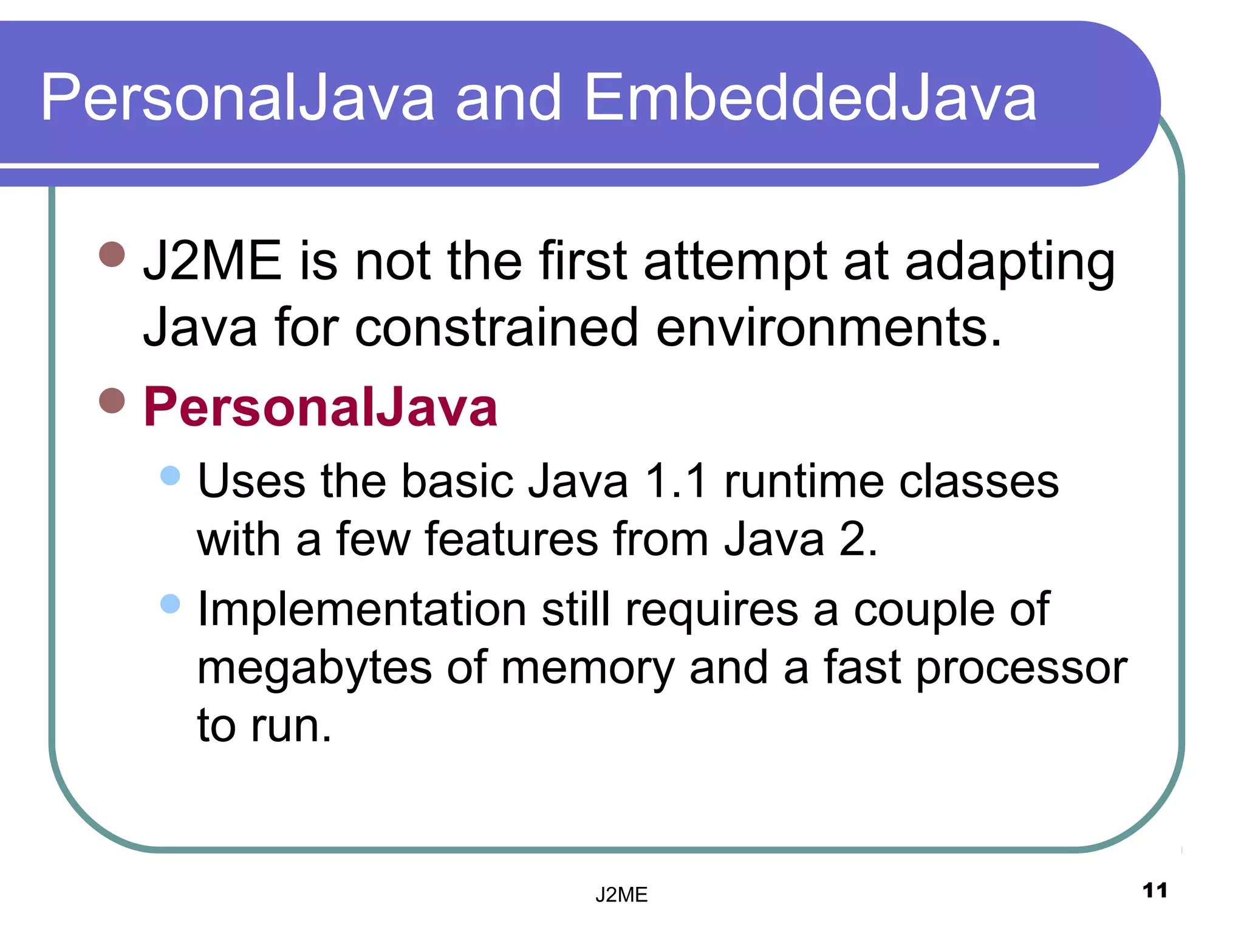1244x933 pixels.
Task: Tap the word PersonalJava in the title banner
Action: pyautogui.click(x=237, y=98)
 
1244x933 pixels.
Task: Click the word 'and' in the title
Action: pyautogui.click(x=508, y=98)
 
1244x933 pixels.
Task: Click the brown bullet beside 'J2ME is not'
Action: pyautogui.click(x=112, y=254)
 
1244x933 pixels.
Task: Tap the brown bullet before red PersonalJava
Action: pyautogui.click(x=112, y=400)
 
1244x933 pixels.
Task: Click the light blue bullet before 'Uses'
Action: pyautogui.click(x=171, y=475)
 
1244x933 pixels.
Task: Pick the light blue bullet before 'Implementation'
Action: pyautogui.click(x=171, y=603)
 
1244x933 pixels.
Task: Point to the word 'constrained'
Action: pyautogui.click(x=496, y=328)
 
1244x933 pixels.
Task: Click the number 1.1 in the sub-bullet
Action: pyautogui.click(x=675, y=482)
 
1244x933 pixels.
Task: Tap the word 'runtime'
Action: pyautogui.click(x=804, y=482)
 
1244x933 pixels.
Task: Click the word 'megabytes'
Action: pyautogui.click(x=314, y=668)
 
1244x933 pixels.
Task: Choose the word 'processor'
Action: pyautogui.click(x=1021, y=668)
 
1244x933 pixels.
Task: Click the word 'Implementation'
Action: pyautogui.click(x=361, y=609)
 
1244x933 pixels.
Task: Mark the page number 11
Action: pyautogui.click(x=1154, y=890)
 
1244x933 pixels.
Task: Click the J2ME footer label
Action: pyautogui.click(x=621, y=895)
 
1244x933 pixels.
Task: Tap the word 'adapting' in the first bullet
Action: pyautogui.click(x=1010, y=262)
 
